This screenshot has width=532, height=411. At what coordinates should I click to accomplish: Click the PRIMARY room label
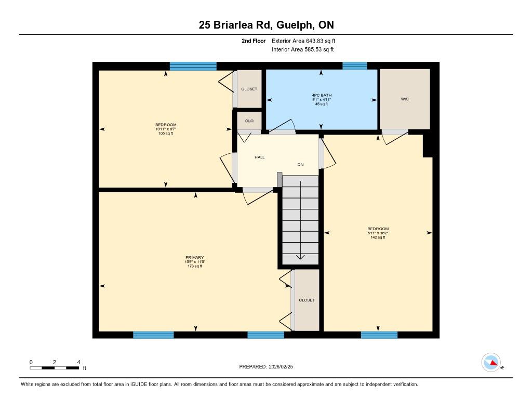coord(194,258)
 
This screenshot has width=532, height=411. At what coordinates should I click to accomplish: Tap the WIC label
coord(405,99)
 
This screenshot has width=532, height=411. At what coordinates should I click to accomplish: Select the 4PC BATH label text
coord(322,96)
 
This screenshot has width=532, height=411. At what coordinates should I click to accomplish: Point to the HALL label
coord(260,157)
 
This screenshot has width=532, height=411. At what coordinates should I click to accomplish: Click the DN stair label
coord(300,165)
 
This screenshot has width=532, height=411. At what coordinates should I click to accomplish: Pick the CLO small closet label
coord(249,121)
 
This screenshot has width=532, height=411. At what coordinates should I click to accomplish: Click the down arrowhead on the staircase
coord(300,257)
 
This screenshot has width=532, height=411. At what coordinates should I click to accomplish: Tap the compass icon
coord(491,363)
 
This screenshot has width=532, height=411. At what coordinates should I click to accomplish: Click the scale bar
coord(54,368)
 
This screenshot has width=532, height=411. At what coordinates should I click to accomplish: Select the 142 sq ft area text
coord(378,237)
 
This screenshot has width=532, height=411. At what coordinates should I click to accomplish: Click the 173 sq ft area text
coord(195,267)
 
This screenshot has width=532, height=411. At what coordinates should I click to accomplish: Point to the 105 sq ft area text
coord(166,134)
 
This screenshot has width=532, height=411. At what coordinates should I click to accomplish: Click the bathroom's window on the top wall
coord(354,66)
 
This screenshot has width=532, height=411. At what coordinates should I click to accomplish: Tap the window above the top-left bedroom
coord(193,66)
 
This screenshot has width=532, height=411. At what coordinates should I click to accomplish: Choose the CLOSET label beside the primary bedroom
coord(307,300)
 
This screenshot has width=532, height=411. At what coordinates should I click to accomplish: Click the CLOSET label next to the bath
coord(249,89)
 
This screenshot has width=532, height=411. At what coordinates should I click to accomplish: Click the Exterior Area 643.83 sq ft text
coord(303,41)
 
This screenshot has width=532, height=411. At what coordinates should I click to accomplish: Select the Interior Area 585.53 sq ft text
coord(303,49)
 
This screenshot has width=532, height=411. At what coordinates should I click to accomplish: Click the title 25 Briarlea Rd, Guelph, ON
coord(267,25)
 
